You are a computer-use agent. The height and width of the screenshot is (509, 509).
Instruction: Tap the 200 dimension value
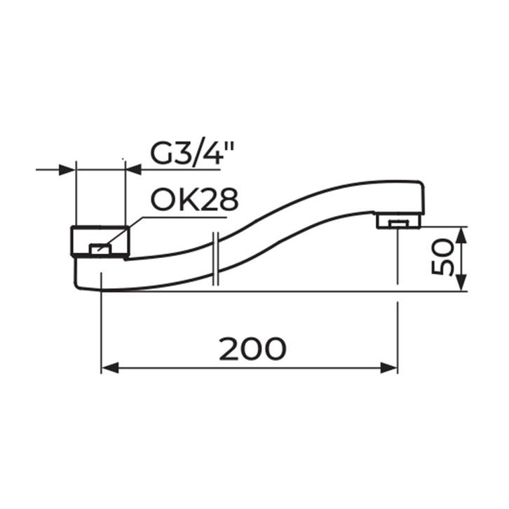pos(252,348)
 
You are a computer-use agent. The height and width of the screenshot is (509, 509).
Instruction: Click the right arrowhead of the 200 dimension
pos(389,368)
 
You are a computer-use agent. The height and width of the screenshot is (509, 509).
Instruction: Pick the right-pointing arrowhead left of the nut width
pos(67,170)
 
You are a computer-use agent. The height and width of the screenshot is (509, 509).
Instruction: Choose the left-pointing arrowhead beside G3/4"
pos(133,170)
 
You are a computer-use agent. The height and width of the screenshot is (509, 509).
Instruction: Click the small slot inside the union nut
pos(101,247)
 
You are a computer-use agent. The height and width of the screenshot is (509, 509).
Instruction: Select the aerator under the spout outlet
pos(398,222)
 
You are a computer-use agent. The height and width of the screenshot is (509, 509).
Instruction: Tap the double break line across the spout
pos(216,259)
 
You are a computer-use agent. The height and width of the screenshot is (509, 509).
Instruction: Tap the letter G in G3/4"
pos(162,153)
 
